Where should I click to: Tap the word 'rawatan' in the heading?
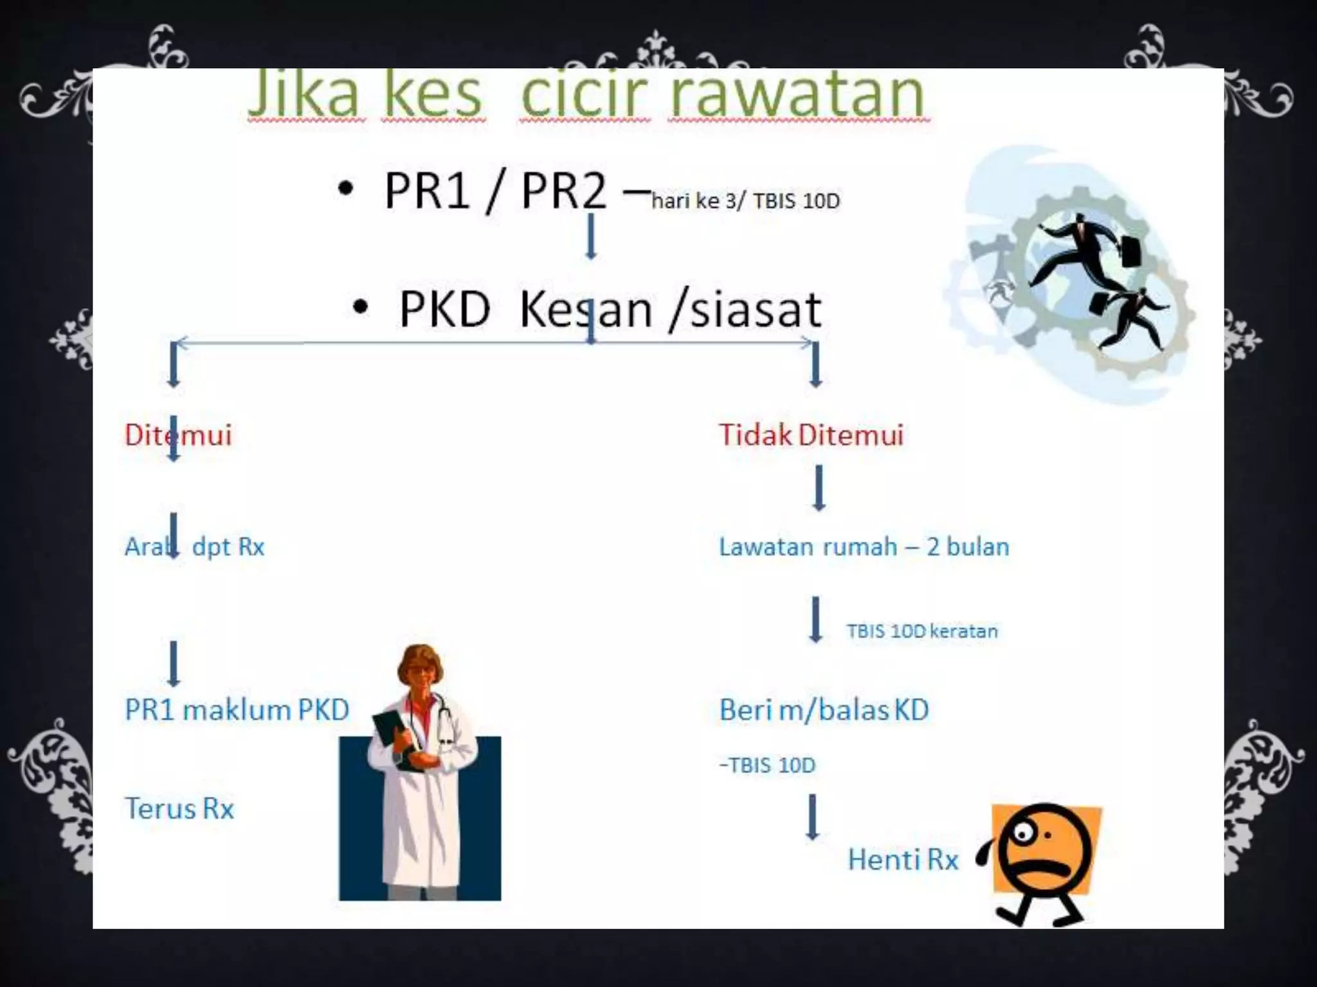pos(797,95)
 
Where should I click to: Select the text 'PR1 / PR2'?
pos(495,191)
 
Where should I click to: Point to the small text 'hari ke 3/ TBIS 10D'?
pos(745,201)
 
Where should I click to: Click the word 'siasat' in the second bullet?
pos(755,310)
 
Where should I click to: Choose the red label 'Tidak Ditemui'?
pos(811,435)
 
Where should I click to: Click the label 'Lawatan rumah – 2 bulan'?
pos(864,547)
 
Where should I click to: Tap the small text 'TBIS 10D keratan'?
pos(922,631)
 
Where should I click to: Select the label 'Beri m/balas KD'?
pos(824,710)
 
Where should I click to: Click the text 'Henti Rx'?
pos(903,860)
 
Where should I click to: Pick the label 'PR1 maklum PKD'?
pos(237,710)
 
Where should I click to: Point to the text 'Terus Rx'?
pos(179,808)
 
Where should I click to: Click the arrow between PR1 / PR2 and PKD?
pos(591,236)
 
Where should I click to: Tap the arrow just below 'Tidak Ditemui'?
pos(819,488)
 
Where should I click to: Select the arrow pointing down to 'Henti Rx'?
pos(813,817)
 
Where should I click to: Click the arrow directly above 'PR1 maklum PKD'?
pos(174,664)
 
